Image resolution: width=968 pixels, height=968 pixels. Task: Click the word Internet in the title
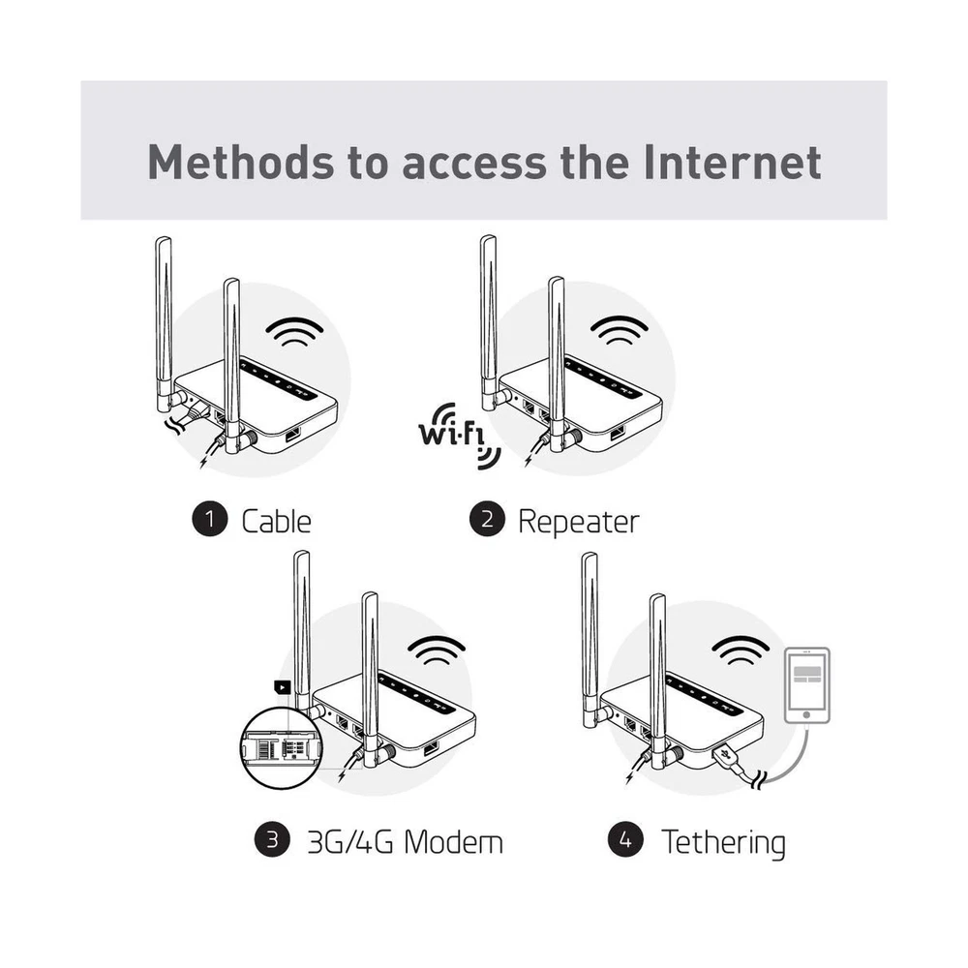[x=732, y=163]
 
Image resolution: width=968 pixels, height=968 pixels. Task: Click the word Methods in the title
[x=240, y=163]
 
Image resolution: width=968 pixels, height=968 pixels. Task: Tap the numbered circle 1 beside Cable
[x=210, y=519]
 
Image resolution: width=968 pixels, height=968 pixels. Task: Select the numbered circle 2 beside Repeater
[x=487, y=519]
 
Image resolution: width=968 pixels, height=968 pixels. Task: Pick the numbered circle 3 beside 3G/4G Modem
[x=272, y=839]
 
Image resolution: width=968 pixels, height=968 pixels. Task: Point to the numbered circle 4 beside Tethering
[x=625, y=839]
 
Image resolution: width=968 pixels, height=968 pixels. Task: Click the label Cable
[x=276, y=522]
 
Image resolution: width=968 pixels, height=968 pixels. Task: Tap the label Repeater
[x=579, y=523]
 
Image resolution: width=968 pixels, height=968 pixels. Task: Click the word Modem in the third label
[x=453, y=842]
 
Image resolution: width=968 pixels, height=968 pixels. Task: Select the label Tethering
[x=723, y=843]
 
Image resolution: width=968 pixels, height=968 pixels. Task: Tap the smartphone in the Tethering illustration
[x=807, y=685]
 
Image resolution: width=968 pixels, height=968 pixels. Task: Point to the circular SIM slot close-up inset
[x=282, y=748]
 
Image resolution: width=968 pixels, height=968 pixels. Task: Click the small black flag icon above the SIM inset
[x=282, y=687]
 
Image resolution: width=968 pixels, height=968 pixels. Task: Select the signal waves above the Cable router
[x=294, y=331]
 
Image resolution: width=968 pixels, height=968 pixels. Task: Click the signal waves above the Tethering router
[x=741, y=651]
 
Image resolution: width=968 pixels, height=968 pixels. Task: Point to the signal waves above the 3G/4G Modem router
[x=437, y=651]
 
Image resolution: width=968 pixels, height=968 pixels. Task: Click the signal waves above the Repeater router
[x=620, y=330]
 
